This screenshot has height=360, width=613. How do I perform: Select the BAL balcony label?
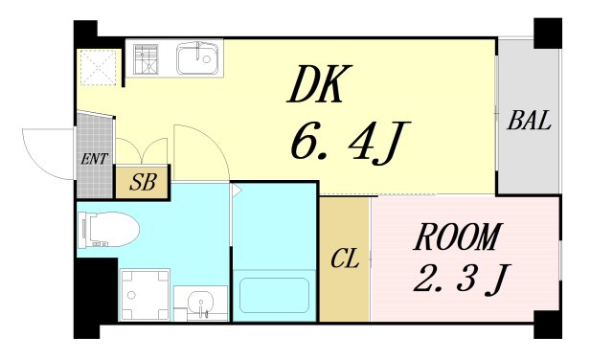(528, 121)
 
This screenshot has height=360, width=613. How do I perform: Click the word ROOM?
(459, 236)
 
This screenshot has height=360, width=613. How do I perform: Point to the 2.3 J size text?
(460, 279)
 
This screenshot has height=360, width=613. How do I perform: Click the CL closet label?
(344, 259)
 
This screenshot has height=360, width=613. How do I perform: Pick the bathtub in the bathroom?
(274, 296)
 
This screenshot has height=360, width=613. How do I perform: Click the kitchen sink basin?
(198, 59)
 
